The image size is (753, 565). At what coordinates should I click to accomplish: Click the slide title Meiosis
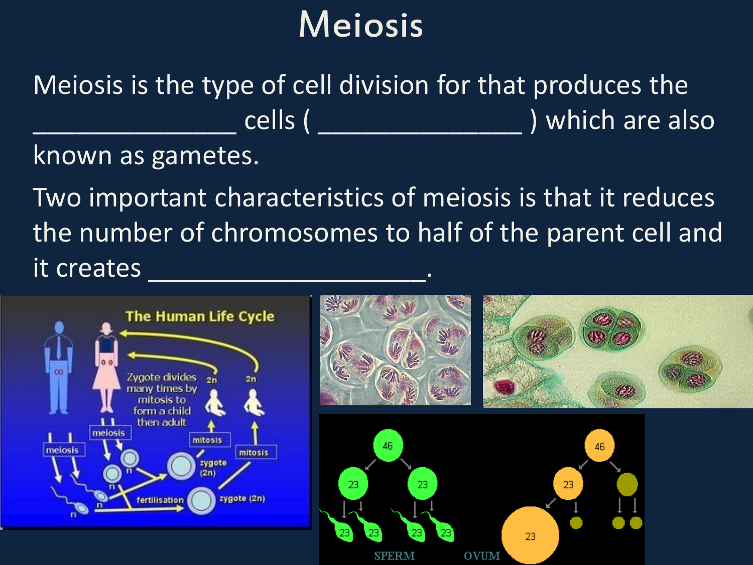coord(361,25)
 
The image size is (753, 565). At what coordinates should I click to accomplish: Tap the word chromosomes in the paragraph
coord(294,233)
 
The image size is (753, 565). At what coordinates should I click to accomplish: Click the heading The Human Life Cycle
coord(200,316)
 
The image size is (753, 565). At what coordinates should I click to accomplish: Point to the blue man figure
coord(59,368)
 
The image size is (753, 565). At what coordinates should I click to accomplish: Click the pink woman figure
coord(106,367)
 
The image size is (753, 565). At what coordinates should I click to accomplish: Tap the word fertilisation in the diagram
coord(160,500)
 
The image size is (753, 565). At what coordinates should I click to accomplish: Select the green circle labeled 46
coord(388,445)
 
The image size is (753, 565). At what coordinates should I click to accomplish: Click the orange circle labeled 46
coord(599,446)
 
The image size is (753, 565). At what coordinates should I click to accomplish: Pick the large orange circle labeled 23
coord(530,535)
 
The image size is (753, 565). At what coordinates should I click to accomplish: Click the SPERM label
coord(394,556)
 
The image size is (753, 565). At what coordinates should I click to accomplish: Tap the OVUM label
coord(482,556)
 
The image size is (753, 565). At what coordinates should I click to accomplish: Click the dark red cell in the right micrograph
coord(505,387)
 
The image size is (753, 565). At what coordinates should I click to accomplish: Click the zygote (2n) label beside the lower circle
coord(242,498)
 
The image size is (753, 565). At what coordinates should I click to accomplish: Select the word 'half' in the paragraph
coord(439,233)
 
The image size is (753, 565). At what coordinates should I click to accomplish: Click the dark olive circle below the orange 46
coord(627,484)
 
